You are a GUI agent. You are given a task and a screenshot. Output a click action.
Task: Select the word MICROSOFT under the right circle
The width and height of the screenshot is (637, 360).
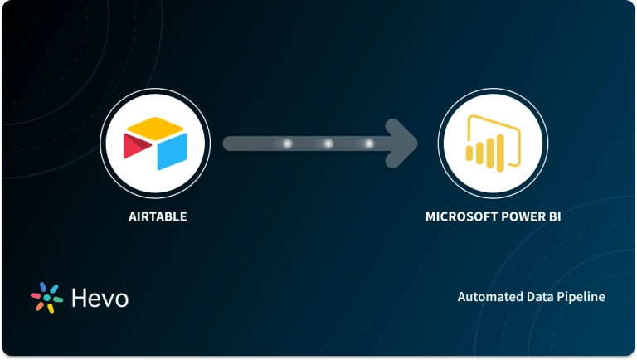point(457,216)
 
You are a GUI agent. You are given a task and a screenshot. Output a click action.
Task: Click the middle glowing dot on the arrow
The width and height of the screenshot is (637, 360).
point(328,144)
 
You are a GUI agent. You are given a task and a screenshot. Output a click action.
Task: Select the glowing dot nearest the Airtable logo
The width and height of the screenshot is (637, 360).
point(288,144)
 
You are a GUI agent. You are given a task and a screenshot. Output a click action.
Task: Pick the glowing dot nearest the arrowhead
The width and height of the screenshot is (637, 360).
point(369,144)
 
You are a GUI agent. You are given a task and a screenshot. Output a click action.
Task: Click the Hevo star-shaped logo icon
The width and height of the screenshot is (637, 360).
point(47,298)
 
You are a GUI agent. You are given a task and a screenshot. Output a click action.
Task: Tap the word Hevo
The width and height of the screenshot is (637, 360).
point(99,298)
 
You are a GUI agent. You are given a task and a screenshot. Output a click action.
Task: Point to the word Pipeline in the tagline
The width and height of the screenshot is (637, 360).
point(581,296)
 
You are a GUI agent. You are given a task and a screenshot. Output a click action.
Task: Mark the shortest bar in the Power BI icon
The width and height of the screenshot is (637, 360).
point(472,153)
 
